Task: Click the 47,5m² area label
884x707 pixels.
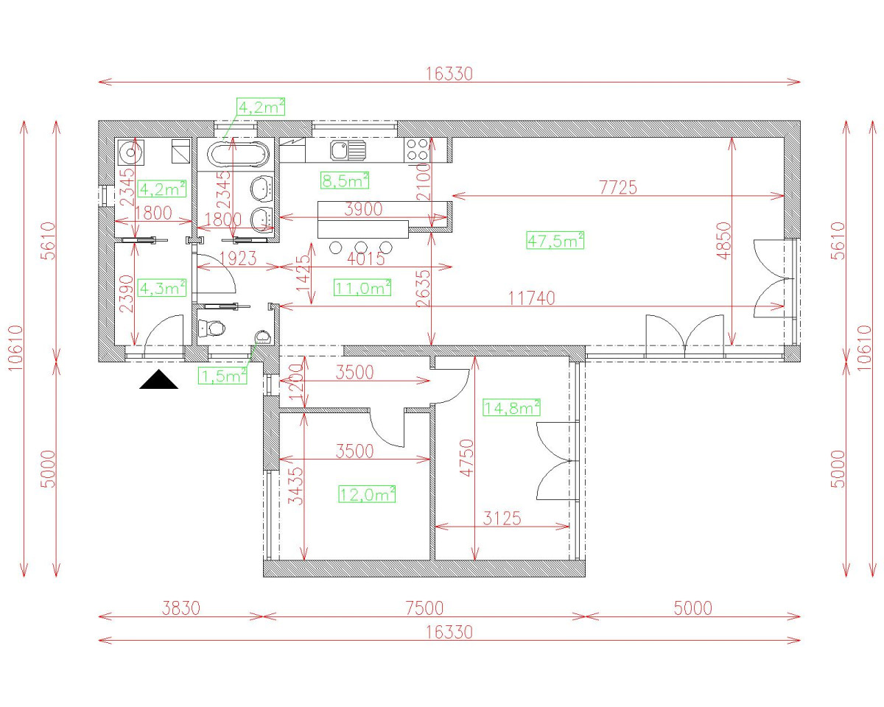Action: coord(555,240)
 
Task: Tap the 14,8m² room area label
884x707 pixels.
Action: coord(511,407)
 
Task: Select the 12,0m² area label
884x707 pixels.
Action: coord(367,494)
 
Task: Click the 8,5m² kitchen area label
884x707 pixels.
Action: coord(345,180)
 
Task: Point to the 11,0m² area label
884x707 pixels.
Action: coord(362,288)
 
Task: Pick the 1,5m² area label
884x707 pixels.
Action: coord(222,376)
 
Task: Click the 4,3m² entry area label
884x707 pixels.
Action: coord(162,287)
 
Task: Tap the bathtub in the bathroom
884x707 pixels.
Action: coord(239,155)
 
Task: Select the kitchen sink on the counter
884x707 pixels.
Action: coord(348,151)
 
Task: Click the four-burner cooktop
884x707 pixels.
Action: coord(418,150)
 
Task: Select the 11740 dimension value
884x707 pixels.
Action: coord(531,298)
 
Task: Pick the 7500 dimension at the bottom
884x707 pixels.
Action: coord(424,608)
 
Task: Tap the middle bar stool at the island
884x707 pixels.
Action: coord(362,246)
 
